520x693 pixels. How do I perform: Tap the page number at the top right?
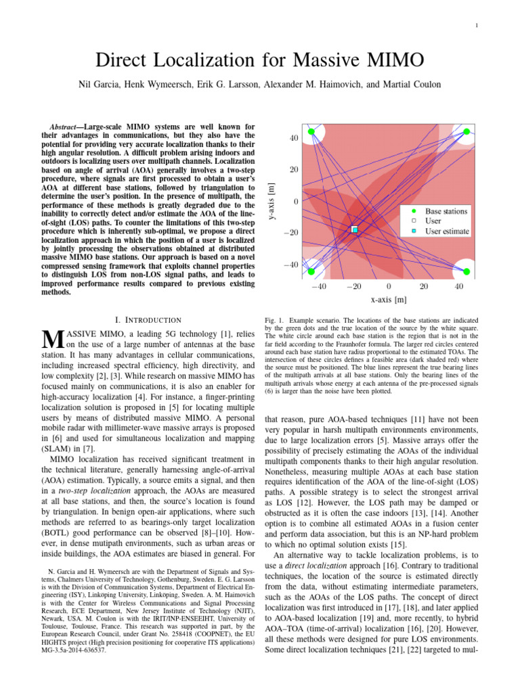[x=477, y=26]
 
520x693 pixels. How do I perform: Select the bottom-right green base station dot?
[x=466, y=271]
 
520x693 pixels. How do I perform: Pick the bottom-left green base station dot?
[x=311, y=271]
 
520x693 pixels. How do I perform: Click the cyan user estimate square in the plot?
[x=354, y=230]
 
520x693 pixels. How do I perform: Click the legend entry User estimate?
[x=448, y=231]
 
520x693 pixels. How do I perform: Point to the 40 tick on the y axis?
[x=294, y=139]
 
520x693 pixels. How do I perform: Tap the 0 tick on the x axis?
[x=389, y=287]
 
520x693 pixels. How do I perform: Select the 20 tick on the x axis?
[x=424, y=287]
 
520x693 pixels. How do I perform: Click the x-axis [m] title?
[x=389, y=299]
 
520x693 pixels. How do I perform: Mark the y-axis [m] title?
[x=271, y=202]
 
